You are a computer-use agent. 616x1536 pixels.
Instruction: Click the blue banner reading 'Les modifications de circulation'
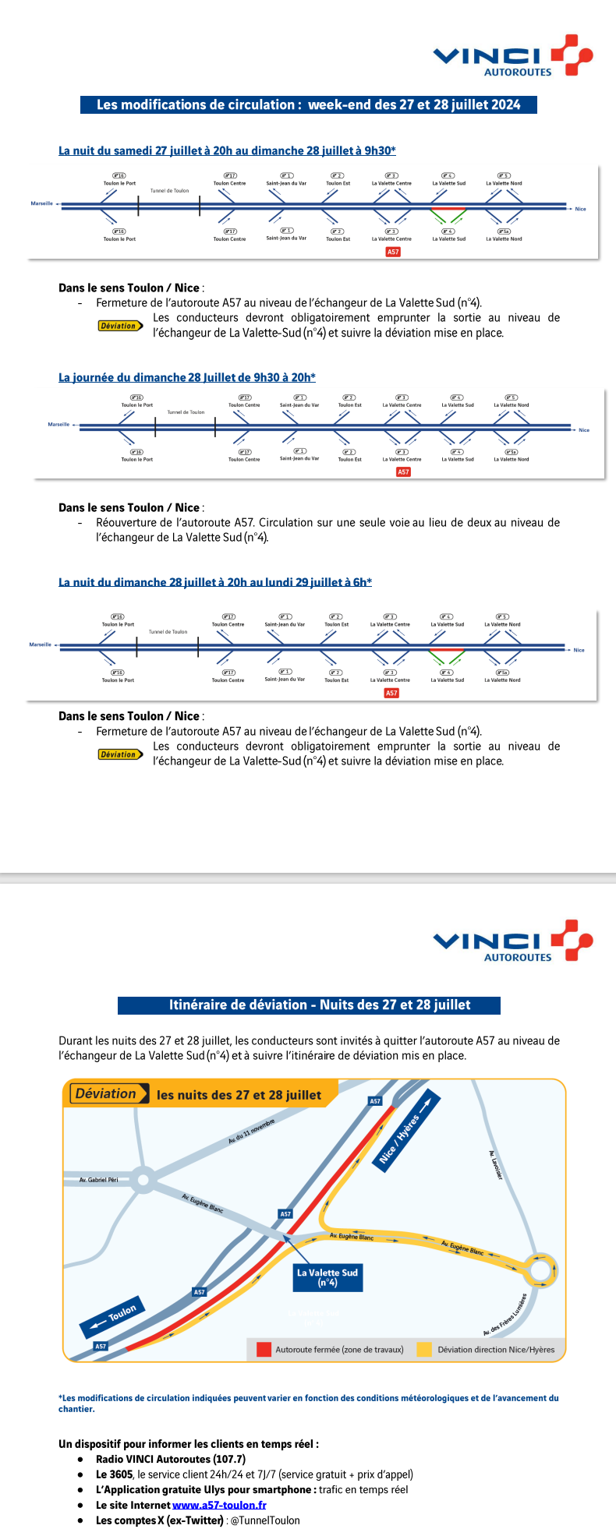click(308, 105)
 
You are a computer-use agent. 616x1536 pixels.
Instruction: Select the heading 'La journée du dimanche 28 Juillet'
click(187, 378)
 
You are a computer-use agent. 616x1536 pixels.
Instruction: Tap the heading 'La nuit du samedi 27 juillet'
click(227, 150)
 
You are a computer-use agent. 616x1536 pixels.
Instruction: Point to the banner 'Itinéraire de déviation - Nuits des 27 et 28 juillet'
click(309, 1005)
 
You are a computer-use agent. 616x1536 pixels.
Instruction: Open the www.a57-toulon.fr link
click(219, 1505)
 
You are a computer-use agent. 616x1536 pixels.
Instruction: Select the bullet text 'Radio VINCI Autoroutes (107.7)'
click(171, 1459)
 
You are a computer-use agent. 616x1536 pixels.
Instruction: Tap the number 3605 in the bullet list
click(121, 1474)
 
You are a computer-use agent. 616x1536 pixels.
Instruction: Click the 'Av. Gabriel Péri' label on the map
click(98, 1180)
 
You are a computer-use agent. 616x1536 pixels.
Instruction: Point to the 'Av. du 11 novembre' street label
click(251, 1132)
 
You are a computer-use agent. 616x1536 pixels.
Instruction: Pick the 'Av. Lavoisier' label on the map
click(495, 1164)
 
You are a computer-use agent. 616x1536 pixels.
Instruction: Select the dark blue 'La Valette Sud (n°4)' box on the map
click(327, 1277)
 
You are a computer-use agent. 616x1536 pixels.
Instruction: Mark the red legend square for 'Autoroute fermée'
click(264, 1350)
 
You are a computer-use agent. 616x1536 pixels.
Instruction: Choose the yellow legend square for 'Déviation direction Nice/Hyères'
click(424, 1350)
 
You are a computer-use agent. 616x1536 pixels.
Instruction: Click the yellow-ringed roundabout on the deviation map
click(541, 1271)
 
